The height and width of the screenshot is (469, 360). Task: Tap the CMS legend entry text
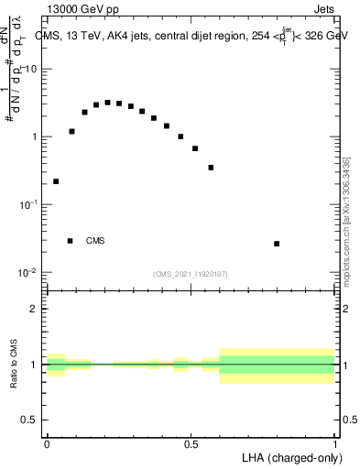(x=95, y=241)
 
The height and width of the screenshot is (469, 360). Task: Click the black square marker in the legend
(x=71, y=241)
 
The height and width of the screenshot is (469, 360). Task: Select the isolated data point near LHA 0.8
(x=277, y=244)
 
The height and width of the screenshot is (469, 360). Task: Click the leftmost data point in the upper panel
(x=56, y=181)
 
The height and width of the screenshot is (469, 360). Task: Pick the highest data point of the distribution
(x=107, y=103)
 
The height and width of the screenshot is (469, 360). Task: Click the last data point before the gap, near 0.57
(x=211, y=168)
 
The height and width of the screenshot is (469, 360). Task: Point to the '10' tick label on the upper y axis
(x=31, y=70)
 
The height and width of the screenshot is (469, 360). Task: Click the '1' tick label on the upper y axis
(x=35, y=137)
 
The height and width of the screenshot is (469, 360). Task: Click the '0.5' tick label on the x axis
(x=191, y=443)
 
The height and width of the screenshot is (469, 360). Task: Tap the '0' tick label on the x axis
(x=47, y=443)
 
